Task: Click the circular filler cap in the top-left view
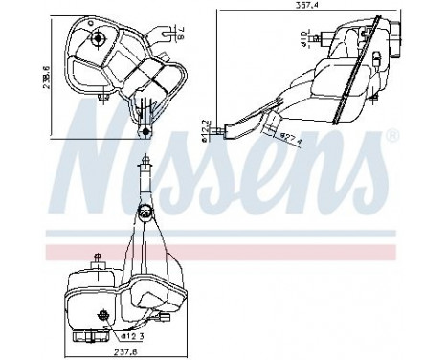(99, 37)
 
